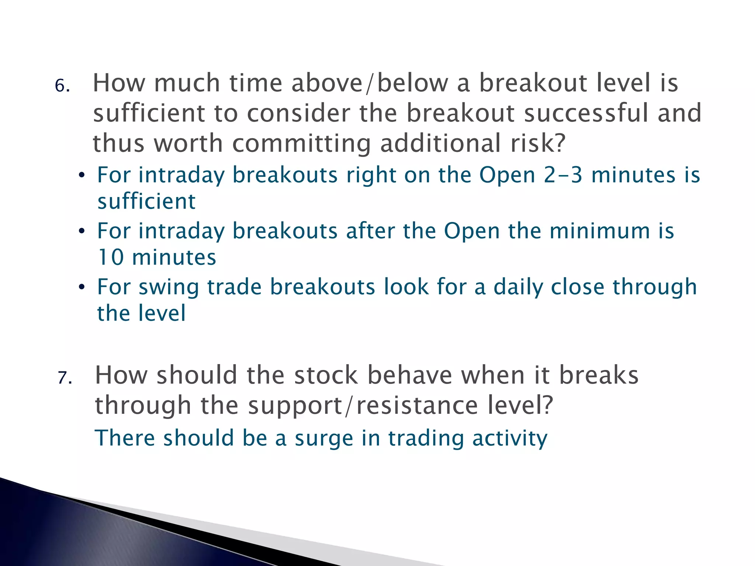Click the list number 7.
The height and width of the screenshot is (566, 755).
tap(65, 378)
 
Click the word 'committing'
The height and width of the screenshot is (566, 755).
tap(302, 144)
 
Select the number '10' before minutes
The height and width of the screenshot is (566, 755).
tap(110, 257)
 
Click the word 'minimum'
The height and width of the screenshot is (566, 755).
tap(599, 231)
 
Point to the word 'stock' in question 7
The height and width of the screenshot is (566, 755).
tap(326, 375)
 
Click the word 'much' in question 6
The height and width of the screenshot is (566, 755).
tap(187, 83)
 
